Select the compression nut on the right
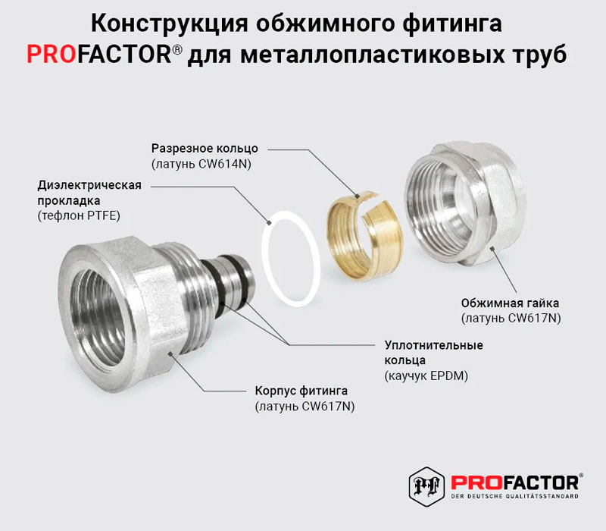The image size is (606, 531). click(x=466, y=204)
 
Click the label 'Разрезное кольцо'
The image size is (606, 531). click(x=205, y=148)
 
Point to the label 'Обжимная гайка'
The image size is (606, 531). click(x=510, y=303)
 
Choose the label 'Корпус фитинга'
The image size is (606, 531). click(x=301, y=391)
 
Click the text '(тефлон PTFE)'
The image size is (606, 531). click(x=79, y=215)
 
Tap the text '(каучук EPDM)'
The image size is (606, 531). click(x=426, y=375)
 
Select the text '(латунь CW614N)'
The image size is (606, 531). click(x=201, y=164)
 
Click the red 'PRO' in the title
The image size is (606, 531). click(x=52, y=55)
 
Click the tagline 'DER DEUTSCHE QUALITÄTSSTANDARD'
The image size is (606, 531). click(x=515, y=496)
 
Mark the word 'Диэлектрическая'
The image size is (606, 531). click(x=89, y=185)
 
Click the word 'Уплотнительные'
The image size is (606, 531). click(x=433, y=345)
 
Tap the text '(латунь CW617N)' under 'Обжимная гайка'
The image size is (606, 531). click(x=511, y=319)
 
